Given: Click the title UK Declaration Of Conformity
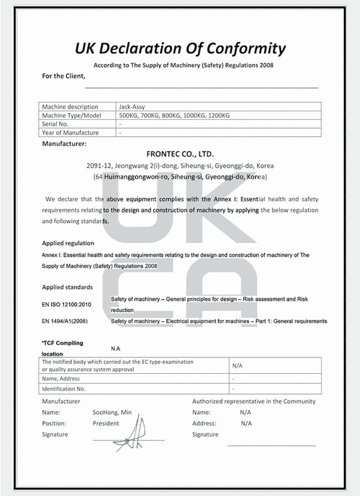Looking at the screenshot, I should pos(180,49).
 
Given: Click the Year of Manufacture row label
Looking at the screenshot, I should pos(70,133).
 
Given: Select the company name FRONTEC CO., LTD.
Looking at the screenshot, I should pos(180,154).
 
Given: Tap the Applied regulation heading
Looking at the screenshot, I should pos(68,243).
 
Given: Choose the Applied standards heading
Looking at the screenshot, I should pos(67,287).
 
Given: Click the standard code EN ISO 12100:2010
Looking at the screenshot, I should pos(66,305).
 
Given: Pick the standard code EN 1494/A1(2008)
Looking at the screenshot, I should pos(65,321).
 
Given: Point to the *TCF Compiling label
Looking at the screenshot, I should pos(62,343).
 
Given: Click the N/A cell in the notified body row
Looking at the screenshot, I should pos(238,366).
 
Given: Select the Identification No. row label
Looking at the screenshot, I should pos(64,389).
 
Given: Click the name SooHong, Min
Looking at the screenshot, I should pos(112,413).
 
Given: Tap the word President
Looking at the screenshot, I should pos(106,423).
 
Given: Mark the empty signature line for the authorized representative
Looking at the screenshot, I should pos(271,445).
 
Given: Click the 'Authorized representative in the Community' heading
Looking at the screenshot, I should pos(254,401).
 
